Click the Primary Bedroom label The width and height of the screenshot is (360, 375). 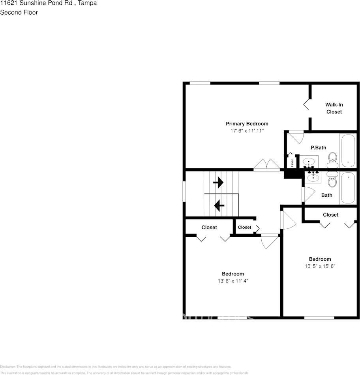pos(247,124)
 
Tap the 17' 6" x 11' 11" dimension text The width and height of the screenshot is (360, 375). pos(247,130)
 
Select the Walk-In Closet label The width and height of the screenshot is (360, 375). pos(334,108)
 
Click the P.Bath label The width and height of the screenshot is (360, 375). pos(318,148)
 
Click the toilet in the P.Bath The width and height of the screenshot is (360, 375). pos(332,158)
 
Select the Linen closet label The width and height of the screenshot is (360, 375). pos(292,162)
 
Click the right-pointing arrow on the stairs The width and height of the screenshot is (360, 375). pos(218,183)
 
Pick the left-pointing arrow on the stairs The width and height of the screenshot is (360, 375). pos(218,205)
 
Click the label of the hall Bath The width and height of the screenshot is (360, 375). pos(326,195)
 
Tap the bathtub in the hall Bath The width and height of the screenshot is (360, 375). pos(348,188)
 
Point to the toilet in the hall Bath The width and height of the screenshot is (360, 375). pos(332,181)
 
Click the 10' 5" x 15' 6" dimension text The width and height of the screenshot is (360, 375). pos(320,266)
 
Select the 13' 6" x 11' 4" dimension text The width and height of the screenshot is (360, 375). pos(232,281)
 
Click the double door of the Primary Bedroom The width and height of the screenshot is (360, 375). pos(266,165)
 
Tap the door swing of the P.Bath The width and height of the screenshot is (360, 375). pos(295,137)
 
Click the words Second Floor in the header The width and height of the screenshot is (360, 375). pos(19,12)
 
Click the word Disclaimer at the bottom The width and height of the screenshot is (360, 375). pos(7,367)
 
